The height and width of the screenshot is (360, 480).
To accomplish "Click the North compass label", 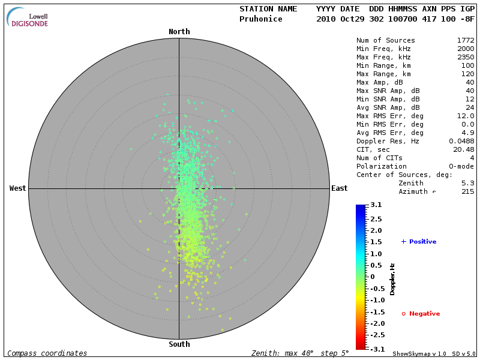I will (179, 32).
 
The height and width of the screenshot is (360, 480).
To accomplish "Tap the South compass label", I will (179, 344).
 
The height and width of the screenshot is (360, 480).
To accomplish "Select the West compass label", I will (17, 188).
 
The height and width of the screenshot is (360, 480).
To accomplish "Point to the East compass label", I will (339, 188).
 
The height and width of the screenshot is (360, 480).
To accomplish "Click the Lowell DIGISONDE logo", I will (28, 18).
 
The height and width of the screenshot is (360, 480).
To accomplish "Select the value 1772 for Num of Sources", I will (465, 40).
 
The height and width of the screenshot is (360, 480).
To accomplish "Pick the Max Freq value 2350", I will (465, 57).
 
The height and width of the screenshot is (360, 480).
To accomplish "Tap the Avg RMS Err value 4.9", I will (469, 133).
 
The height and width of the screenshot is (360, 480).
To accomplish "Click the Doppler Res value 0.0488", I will (461, 141).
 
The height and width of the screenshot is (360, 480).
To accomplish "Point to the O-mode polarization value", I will (461, 166).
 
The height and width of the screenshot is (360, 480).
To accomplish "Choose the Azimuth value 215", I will (467, 191).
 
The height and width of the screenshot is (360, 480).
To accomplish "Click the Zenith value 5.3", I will (469, 183).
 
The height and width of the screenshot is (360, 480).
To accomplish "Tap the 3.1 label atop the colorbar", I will (376, 205).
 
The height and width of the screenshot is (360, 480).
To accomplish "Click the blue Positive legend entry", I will (419, 242).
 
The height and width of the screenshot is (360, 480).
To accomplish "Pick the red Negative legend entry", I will (421, 314).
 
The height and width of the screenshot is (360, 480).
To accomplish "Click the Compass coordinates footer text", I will (47, 353).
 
